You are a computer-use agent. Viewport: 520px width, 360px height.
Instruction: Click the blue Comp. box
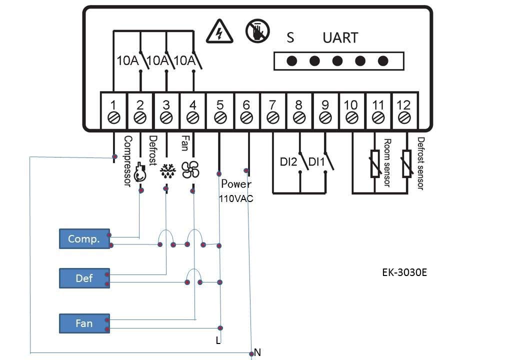tap(84, 239)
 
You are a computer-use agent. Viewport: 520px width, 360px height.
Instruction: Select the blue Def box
tap(84, 278)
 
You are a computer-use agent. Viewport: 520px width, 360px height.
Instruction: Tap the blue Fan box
tap(84, 323)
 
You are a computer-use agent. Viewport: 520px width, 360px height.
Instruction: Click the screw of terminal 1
tap(114, 118)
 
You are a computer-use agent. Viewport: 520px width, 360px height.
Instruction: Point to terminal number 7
tap(272, 105)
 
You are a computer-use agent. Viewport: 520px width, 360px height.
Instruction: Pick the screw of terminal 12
tap(403, 118)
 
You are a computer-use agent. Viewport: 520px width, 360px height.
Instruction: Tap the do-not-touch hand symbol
tap(257, 31)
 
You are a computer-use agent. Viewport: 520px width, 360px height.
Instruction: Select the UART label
tap(340, 38)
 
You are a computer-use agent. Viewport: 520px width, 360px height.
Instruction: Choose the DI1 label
tap(316, 162)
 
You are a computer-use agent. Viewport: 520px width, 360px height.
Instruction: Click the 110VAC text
tap(236, 198)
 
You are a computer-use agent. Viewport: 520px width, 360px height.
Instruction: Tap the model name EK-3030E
tap(404, 273)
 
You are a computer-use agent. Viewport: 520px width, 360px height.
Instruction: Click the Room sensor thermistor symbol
tap(375, 163)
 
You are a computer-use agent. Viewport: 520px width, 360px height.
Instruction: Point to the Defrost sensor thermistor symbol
tap(406, 163)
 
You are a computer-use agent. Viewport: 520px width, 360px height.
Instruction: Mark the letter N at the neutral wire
tap(257, 352)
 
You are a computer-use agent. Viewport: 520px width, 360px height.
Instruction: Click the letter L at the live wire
tap(218, 341)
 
